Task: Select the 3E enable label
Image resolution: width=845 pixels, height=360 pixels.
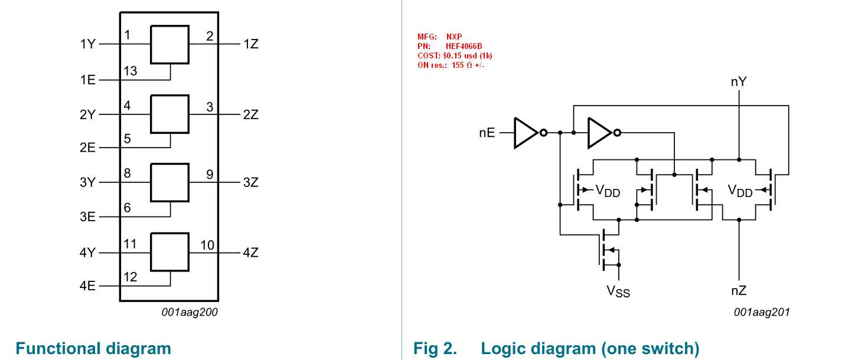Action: point(87,217)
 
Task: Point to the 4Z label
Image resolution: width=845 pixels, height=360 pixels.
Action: point(250,253)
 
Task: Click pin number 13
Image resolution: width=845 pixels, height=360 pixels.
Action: point(130,71)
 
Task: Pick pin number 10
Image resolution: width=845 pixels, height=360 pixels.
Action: point(207,244)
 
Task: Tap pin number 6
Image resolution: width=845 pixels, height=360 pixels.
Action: point(127,208)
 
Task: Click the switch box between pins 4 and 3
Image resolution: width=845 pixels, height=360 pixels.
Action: point(169,113)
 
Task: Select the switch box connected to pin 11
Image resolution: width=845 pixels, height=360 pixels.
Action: point(169,251)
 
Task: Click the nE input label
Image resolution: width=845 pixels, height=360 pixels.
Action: point(487,133)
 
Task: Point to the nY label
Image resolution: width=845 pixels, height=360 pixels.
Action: point(738,82)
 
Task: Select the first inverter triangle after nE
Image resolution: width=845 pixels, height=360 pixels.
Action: point(525,133)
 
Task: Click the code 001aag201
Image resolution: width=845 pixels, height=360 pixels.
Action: point(761,312)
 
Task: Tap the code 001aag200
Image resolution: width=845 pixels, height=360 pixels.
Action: point(190,312)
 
